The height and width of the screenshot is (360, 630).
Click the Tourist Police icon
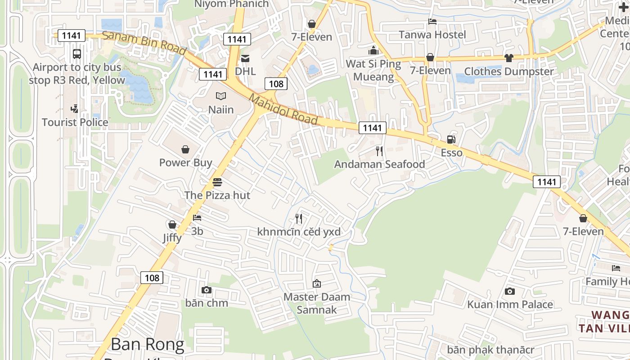(x=75, y=108)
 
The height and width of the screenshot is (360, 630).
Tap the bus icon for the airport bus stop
(x=77, y=54)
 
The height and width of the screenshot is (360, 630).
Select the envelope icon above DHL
(x=245, y=58)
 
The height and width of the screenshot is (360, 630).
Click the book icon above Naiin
(x=220, y=96)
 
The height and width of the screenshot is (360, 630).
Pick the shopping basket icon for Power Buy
(x=185, y=149)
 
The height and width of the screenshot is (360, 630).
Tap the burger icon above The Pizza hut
(x=217, y=182)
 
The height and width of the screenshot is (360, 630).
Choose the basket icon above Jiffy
(x=172, y=225)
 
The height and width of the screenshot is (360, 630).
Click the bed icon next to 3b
(x=197, y=218)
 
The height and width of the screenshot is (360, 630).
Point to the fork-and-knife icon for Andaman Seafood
(x=379, y=151)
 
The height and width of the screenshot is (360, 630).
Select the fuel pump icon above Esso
(x=451, y=139)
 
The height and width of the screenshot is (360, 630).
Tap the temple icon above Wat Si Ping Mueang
(x=373, y=50)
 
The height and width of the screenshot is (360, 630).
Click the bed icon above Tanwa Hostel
(x=432, y=21)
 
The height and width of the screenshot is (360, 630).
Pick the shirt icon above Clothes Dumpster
(x=509, y=58)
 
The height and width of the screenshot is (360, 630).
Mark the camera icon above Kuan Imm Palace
(x=510, y=291)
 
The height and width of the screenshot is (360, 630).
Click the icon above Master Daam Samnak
(x=317, y=283)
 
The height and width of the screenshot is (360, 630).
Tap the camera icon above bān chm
(x=207, y=290)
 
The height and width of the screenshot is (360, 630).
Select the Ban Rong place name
(x=148, y=345)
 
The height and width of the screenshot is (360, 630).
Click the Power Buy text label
(x=185, y=162)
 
